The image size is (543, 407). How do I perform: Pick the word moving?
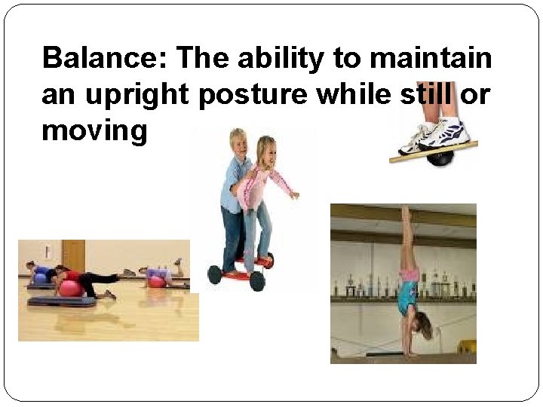click(x=94, y=132)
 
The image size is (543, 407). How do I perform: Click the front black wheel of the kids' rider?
click(x=257, y=280)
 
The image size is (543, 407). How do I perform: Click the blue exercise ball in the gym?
click(x=40, y=278)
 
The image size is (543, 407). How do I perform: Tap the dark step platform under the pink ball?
click(x=62, y=301)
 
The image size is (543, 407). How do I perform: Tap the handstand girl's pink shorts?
click(x=410, y=273)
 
